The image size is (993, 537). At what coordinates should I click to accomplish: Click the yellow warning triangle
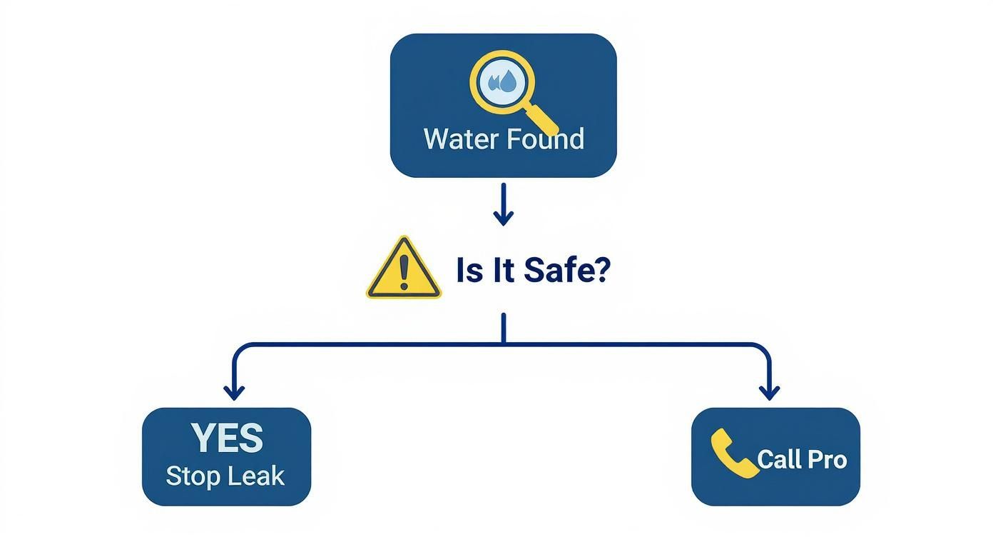(x=403, y=270)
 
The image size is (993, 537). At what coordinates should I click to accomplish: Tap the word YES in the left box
(x=227, y=438)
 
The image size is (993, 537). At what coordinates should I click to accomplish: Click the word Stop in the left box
(x=192, y=476)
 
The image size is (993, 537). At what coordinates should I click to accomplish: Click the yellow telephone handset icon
(x=733, y=453)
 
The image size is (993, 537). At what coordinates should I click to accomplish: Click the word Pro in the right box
(x=828, y=459)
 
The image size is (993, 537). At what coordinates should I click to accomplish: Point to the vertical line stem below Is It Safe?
(x=504, y=328)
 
